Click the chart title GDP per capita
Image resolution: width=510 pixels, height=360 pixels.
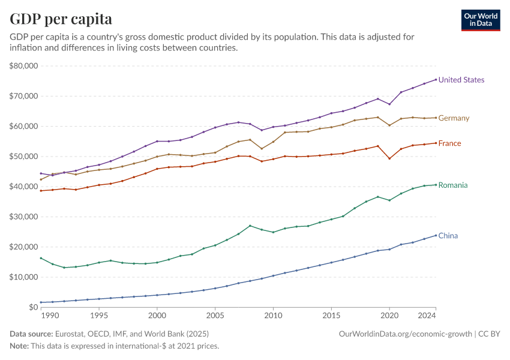(x=61, y=19)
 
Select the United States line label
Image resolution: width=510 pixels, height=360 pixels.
(x=461, y=80)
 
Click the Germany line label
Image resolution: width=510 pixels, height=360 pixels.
(x=454, y=118)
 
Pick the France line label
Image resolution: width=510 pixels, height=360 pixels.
(x=449, y=143)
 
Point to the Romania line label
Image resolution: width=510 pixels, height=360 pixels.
(x=453, y=185)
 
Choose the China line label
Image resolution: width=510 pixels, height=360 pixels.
(x=448, y=236)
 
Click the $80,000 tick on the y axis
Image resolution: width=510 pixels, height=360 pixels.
(x=24, y=66)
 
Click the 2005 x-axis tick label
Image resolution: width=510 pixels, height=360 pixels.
(x=215, y=315)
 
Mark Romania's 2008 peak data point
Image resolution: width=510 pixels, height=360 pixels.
(x=250, y=226)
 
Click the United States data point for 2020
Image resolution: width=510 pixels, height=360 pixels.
(x=389, y=104)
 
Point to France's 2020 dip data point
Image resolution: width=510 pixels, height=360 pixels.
(x=389, y=158)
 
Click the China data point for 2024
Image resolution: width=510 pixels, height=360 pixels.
(x=436, y=235)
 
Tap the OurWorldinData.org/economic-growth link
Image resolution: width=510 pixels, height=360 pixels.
(x=406, y=334)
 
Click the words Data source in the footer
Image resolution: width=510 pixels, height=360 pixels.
(x=31, y=334)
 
